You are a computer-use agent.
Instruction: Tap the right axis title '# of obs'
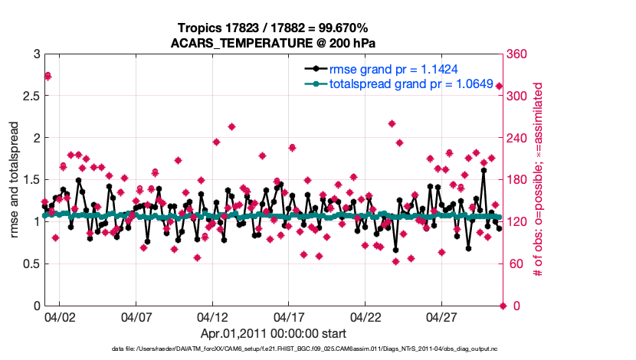coord(539,181)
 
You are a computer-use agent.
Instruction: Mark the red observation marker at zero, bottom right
coord(503,306)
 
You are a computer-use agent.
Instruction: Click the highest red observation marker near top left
coord(48,75)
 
